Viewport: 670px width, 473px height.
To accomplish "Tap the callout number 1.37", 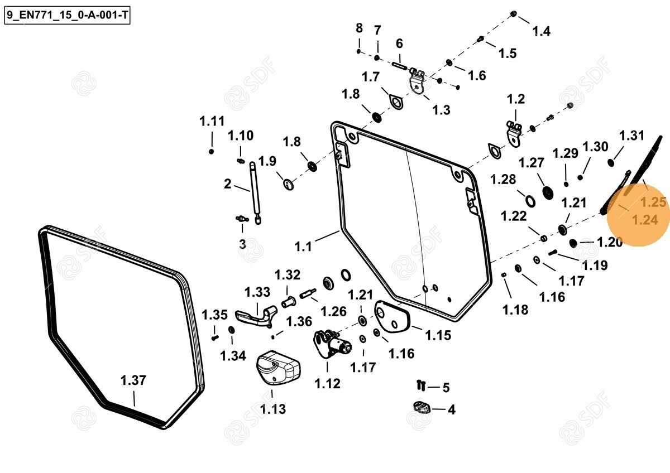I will (133, 381).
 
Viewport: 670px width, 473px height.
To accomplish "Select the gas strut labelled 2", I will (255, 190).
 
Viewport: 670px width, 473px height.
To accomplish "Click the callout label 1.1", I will (303, 246).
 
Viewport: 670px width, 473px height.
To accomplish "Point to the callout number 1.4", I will (541, 31).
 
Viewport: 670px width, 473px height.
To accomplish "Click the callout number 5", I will (446, 388).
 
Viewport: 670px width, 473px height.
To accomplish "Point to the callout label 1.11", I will (212, 121).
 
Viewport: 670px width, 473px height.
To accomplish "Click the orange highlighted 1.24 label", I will (644, 220).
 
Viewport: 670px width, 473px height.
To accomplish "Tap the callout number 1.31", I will (631, 136).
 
